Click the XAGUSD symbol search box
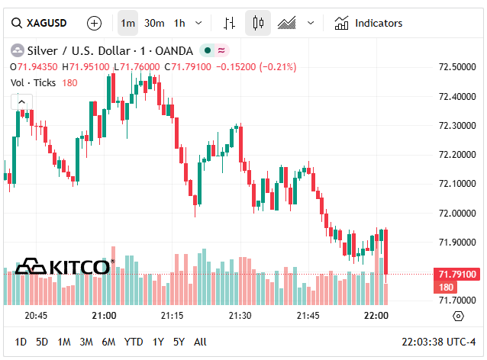click(38, 23)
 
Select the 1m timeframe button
click(128, 23)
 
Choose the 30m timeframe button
click(154, 23)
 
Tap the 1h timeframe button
click(179, 23)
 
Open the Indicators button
click(369, 23)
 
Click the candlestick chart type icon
click(258, 23)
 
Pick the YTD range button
click(134, 342)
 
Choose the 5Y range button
click(179, 342)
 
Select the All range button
click(200, 342)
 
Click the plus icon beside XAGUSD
click(94, 23)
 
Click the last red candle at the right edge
click(387, 252)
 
